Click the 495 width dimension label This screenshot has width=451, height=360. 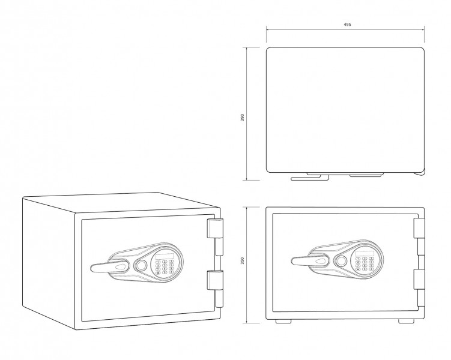(347, 25)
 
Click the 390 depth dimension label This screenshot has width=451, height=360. (242, 117)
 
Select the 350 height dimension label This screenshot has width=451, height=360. (242, 261)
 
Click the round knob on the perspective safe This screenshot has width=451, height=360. (141, 265)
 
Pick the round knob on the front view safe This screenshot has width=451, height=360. (341, 261)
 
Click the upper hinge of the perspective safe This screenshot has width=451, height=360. (215, 229)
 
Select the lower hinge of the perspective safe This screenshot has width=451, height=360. (215, 280)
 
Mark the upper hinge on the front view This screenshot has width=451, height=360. (419, 228)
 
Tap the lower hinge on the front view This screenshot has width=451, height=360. (419, 279)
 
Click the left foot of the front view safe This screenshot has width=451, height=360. (283, 321)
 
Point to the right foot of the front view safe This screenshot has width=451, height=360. (406, 321)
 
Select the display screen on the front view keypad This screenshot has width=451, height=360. (365, 254)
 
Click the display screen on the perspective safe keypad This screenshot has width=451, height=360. (165, 257)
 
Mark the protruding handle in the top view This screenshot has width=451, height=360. (309, 177)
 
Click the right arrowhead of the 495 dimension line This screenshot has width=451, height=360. (423, 29)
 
